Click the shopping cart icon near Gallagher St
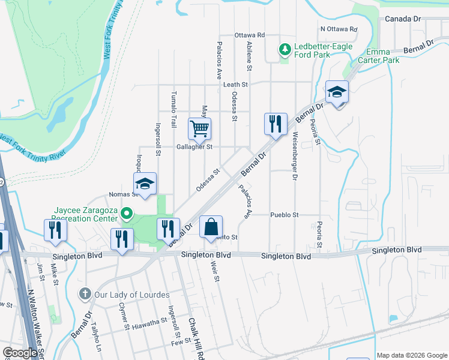pos(199,128)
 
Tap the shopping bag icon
pos(210,227)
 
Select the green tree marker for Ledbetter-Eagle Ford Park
pos(284,51)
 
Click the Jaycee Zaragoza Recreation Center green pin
pos(126,214)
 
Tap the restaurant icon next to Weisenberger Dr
pos(276,124)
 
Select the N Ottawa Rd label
pos(339,29)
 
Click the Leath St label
pos(236,85)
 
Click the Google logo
pos(20,353)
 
